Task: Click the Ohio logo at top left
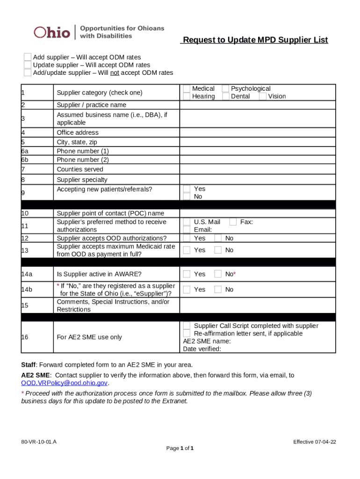[x=51, y=32]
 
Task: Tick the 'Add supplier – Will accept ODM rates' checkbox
[x=28, y=57]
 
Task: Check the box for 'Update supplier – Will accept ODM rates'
[x=28, y=65]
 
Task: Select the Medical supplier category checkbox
[x=187, y=88]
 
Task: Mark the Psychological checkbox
[x=225, y=88]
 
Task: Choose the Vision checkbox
[x=262, y=96]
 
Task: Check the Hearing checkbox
[x=187, y=96]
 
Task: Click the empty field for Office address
[x=257, y=132]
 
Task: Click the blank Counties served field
[x=257, y=169]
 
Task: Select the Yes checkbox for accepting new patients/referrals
[x=187, y=189]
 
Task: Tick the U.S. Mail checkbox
[x=187, y=222]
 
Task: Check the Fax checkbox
[x=233, y=222]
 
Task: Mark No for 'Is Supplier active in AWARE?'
[x=218, y=274]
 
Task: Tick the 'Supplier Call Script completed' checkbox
[x=187, y=326]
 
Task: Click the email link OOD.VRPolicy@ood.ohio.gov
[x=65, y=383]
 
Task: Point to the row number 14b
[x=27, y=290]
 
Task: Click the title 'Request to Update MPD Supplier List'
[x=255, y=40]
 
